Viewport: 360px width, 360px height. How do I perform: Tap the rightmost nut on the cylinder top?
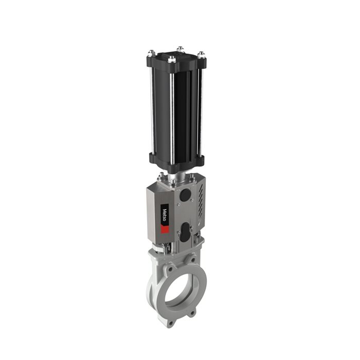tap(201, 54)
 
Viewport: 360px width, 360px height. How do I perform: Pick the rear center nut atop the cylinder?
tap(179, 49)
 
